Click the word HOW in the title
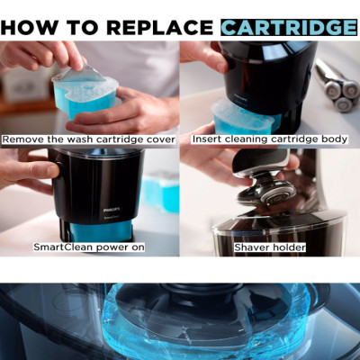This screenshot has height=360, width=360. pos(25,27)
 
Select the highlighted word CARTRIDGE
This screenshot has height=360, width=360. pos(288,27)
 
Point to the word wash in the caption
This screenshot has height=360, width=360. pos(76,139)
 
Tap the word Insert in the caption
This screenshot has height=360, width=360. pos(209,139)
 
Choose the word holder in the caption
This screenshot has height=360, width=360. pos(292,247)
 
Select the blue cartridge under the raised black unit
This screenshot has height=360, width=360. pos(243,117)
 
